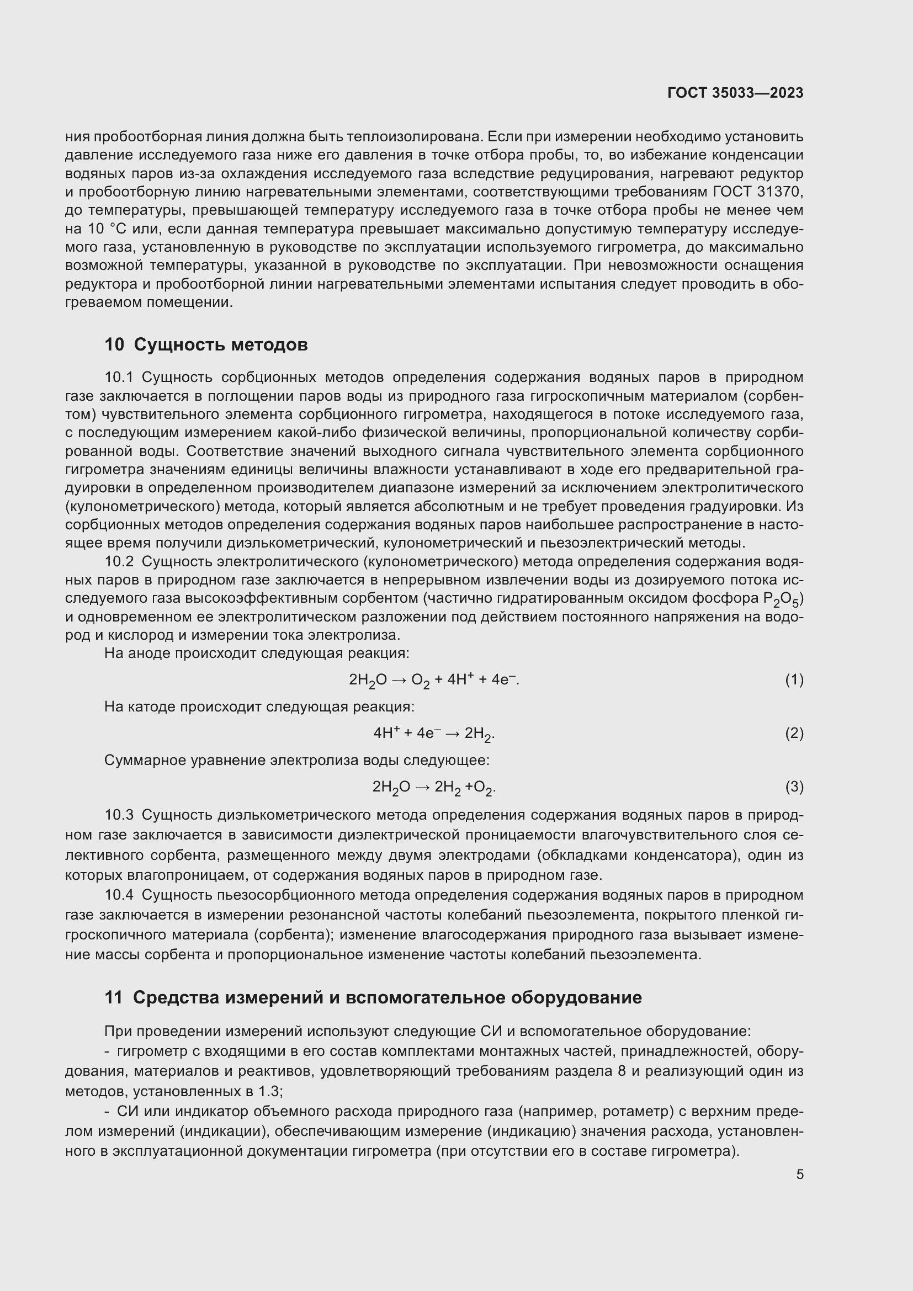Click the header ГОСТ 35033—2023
[735, 93]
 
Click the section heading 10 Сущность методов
[206, 344]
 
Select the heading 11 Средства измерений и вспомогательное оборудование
[373, 997]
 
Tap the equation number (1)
[794, 680]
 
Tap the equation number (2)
[794, 733]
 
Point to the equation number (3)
[794, 787]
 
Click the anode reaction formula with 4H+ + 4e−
[433, 681]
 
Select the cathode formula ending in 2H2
[433, 734]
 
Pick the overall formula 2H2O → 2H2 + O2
[433, 787]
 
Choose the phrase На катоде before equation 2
[141, 706]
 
